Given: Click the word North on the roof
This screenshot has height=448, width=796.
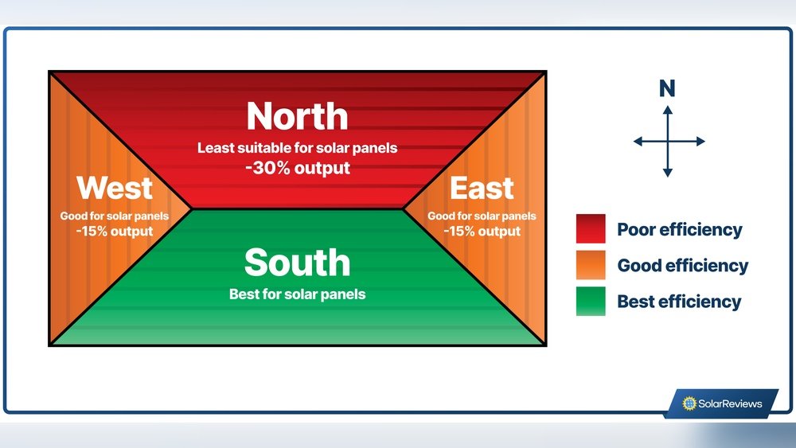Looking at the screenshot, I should pos(297,116).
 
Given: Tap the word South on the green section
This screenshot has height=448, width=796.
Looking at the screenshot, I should pos(297,263).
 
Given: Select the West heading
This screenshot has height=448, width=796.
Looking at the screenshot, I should pos(115,189).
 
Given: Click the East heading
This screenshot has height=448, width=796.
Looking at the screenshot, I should pos(482,189).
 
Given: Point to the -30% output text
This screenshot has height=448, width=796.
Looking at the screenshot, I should pos(297,168).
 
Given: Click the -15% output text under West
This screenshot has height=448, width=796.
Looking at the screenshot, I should pos(115,231).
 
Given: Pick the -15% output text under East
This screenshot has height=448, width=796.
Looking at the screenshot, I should pos(482,231).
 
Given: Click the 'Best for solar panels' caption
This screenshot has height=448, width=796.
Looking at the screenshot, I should pos(297,294).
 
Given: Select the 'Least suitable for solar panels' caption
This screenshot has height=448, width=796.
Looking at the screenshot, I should pos(297,148).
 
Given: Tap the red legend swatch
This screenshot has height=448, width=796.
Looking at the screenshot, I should pos(591,229).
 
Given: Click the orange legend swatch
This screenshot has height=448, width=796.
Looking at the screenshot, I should pos(591,265).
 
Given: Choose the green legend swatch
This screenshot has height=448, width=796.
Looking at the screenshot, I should pos(591,302).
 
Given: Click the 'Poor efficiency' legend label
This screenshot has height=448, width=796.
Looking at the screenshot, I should pos(679,230).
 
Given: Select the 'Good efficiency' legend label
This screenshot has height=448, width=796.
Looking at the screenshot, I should pos(682,266).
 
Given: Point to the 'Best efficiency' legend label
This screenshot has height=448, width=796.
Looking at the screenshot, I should pos(679,302).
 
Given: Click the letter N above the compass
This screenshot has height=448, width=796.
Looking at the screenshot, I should pos(667,89).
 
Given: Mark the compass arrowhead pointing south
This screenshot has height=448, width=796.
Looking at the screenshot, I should pos(668,172).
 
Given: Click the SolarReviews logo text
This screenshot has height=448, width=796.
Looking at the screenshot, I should pos(730,403).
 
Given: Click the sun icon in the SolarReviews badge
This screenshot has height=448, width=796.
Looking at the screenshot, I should pos(689,403).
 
